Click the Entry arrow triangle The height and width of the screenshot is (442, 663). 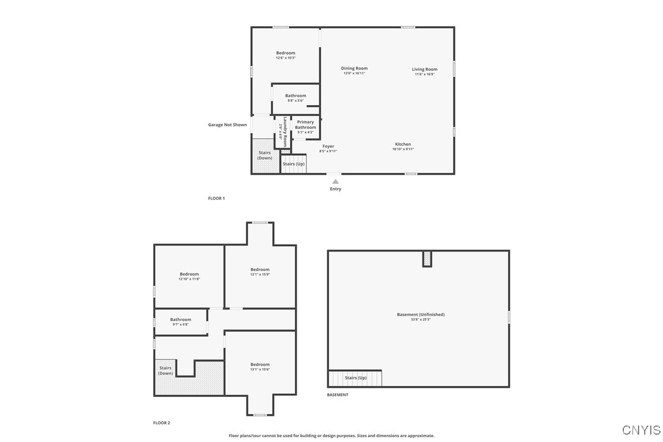coord(335,181)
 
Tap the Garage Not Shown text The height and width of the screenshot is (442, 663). coord(227,125)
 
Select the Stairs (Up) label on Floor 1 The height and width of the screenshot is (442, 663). coord(294,164)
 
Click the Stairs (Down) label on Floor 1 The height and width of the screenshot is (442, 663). coord(264,155)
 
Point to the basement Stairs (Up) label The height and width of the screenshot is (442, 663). coord(355,378)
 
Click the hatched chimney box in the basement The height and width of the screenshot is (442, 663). coord(427,259)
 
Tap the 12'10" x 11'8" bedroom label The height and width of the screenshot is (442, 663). coord(189,276)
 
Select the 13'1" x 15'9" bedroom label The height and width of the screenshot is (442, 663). coord(260,271)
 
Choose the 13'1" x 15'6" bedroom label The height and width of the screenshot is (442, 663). coord(260,366)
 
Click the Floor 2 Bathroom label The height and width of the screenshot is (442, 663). coord(181,321)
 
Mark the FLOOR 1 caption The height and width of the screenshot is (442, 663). coord(216,198)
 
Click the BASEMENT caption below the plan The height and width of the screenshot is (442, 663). coord(338,395)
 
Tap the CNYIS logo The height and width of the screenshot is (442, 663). coord(641,430)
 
